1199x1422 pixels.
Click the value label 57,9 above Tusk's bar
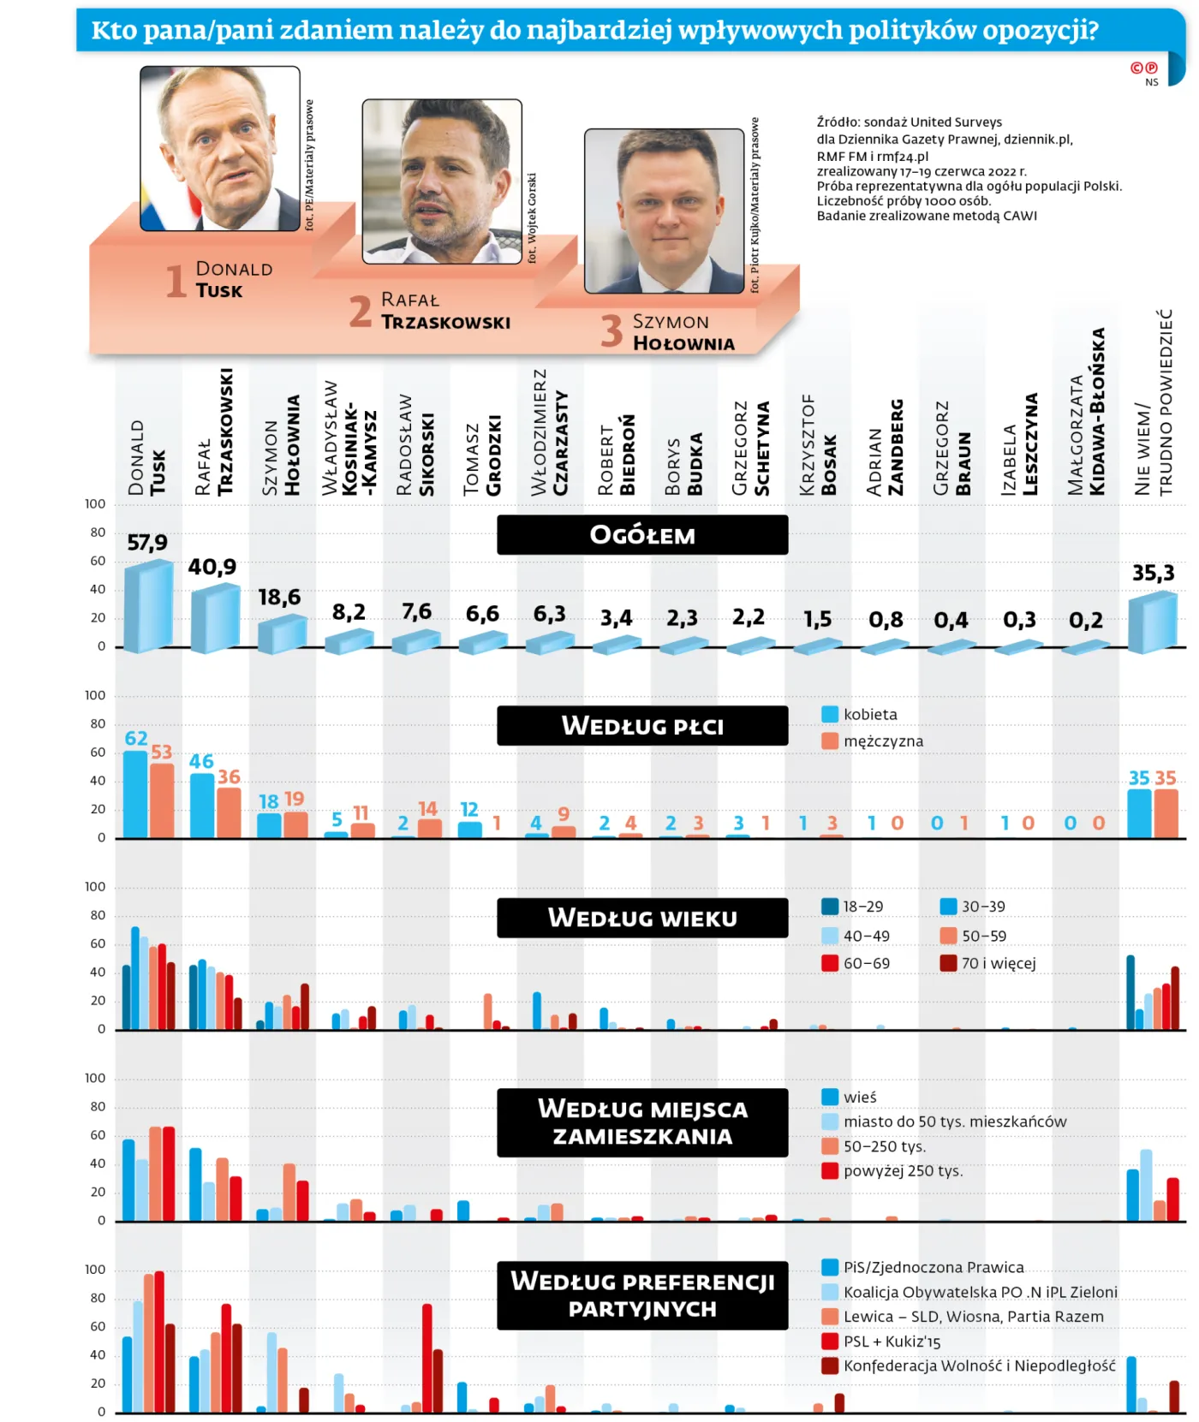147,543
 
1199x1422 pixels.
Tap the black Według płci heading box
642,726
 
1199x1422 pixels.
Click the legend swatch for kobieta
829,714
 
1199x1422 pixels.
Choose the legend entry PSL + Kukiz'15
892,1342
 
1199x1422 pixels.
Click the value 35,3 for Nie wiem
1153,573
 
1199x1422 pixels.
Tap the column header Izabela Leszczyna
1019,445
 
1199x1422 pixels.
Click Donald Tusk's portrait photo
220,149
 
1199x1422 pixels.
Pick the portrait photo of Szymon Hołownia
665,211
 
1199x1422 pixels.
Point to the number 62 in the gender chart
136,738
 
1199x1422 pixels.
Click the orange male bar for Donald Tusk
162,800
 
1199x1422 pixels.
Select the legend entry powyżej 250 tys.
903,1171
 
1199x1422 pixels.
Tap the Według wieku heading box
642,918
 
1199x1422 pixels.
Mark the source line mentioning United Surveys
909,122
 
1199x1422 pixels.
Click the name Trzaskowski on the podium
445,323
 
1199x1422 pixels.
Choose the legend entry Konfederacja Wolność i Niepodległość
979,1365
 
